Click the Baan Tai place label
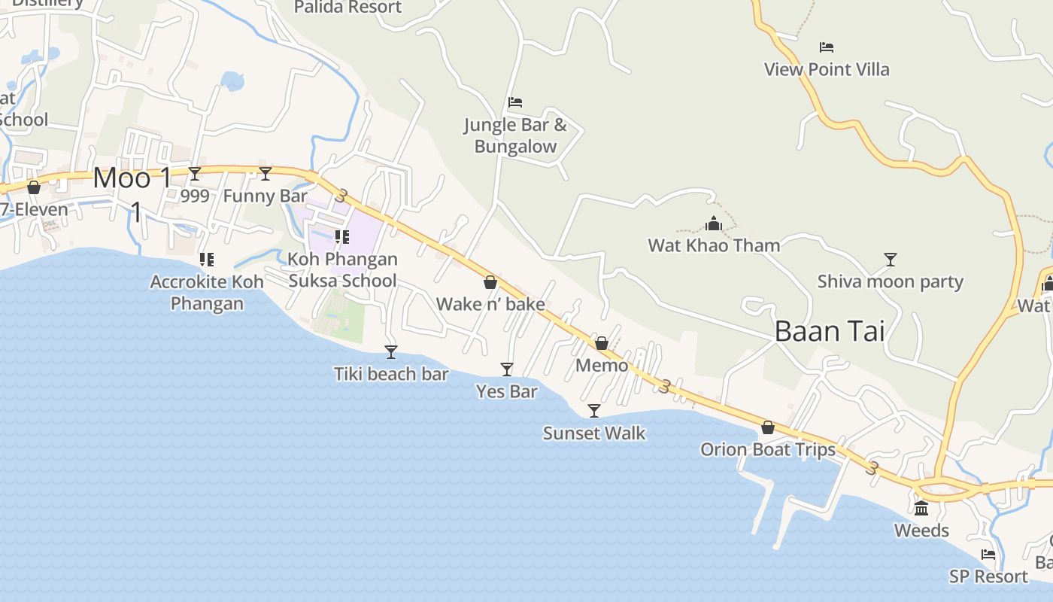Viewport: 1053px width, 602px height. pyautogui.click(x=829, y=331)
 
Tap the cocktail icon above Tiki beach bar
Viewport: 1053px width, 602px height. pyautogui.click(x=391, y=351)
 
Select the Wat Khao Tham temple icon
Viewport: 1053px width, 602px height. pyautogui.click(x=714, y=223)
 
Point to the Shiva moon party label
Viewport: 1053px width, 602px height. pyautogui.click(x=890, y=281)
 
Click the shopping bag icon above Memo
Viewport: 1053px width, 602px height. pyautogui.click(x=602, y=343)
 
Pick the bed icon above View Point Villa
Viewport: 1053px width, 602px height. pyautogui.click(x=827, y=47)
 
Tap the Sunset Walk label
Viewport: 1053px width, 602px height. pyautogui.click(x=594, y=433)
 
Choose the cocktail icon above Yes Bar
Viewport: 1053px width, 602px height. pyautogui.click(x=507, y=369)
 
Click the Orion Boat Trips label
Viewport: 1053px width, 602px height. pyautogui.click(x=767, y=449)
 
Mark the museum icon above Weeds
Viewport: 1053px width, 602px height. pyautogui.click(x=921, y=508)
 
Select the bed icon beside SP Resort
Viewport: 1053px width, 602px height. pyautogui.click(x=988, y=555)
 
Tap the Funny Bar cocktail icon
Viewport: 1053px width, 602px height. pyautogui.click(x=266, y=174)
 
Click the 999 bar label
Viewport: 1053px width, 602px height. pyautogui.click(x=196, y=196)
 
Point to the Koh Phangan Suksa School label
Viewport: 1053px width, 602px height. pyautogui.click(x=342, y=269)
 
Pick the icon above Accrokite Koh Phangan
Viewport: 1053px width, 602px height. pyautogui.click(x=207, y=260)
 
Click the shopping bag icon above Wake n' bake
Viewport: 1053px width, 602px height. pyautogui.click(x=490, y=282)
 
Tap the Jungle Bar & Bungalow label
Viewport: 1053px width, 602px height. pyautogui.click(x=515, y=135)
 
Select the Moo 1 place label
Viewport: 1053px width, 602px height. pyautogui.click(x=132, y=178)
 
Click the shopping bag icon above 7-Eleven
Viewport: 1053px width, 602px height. pyautogui.click(x=34, y=187)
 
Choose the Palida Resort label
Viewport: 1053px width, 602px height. pyautogui.click(x=347, y=8)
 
